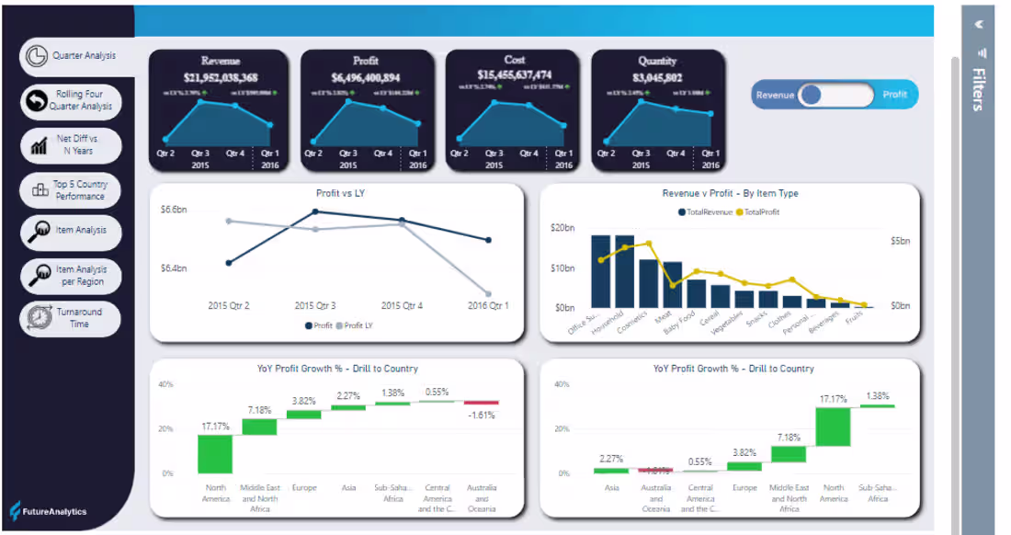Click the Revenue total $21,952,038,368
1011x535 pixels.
coord(221,78)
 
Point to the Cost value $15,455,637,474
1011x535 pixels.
coord(515,74)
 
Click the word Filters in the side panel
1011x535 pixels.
coord(980,89)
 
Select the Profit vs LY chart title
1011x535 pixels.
coord(338,194)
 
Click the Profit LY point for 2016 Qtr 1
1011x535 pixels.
coord(488,294)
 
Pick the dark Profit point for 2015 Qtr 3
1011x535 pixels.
coord(315,211)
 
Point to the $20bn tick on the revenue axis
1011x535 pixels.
coord(562,228)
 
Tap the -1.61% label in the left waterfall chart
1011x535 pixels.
coord(481,415)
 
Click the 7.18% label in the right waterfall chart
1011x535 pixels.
coord(788,438)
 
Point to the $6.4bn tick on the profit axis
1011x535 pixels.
coord(174,268)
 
